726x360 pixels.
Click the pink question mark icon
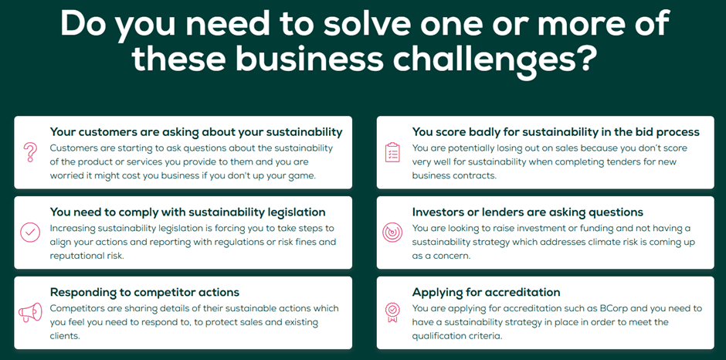coord(30,152)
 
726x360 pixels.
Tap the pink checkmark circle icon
coord(30,233)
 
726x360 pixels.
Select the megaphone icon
coord(30,313)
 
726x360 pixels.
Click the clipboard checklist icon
coord(392,152)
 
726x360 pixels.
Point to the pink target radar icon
coord(392,233)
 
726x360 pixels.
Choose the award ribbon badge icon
coord(392,313)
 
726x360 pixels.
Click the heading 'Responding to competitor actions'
coord(144,292)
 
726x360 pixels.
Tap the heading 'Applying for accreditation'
coord(486,292)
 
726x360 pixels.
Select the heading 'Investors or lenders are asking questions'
coord(528,212)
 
